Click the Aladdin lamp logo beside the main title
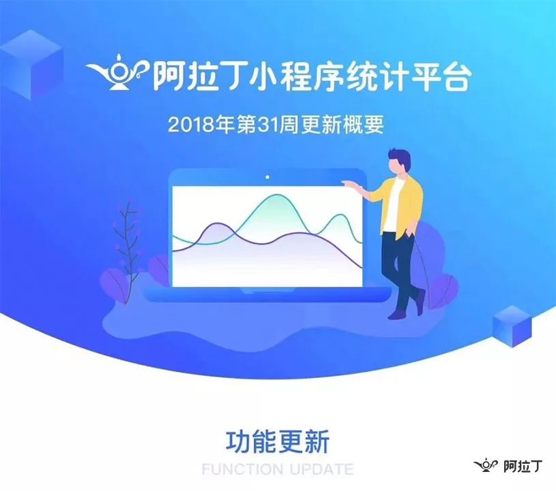click(117, 72)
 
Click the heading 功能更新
click(278, 442)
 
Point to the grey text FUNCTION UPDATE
click(278, 469)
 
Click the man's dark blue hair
click(400, 158)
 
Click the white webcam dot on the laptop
click(267, 177)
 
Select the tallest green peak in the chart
click(275, 195)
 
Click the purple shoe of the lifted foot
click(421, 302)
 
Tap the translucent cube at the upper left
click(31, 65)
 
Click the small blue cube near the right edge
click(512, 326)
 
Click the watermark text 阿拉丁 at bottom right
click(523, 466)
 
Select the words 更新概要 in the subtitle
click(342, 125)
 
